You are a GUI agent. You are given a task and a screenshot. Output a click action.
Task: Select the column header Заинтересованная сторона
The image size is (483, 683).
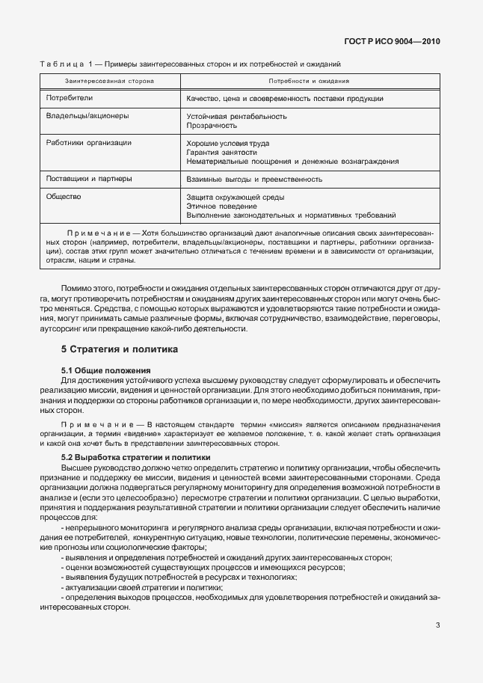(x=109, y=80)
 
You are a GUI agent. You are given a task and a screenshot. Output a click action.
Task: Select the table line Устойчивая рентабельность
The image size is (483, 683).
(x=236, y=117)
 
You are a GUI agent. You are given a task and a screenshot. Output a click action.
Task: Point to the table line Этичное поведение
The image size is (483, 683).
(x=222, y=206)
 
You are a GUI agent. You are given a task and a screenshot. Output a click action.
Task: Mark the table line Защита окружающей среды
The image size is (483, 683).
(x=236, y=197)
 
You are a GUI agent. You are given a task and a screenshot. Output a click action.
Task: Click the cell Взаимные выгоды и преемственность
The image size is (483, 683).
(x=254, y=180)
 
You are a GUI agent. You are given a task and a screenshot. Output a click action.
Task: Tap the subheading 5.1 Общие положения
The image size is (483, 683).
(x=105, y=370)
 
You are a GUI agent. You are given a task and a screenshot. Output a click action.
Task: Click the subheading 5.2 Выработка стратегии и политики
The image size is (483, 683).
(x=136, y=457)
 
